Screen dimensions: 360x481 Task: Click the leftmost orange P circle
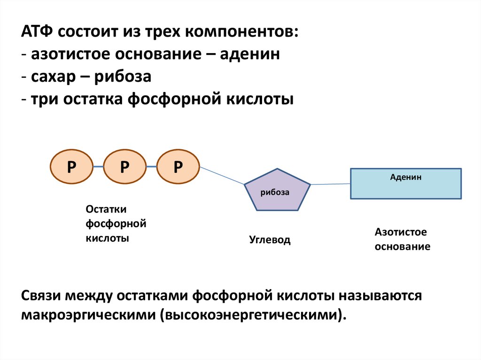(x=71, y=167)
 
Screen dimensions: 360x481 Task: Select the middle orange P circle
(x=124, y=167)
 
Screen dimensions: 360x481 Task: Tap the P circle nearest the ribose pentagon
(x=178, y=167)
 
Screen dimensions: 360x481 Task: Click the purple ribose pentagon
(x=277, y=190)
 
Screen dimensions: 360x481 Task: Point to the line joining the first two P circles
(x=98, y=167)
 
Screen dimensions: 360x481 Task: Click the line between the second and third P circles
(x=151, y=167)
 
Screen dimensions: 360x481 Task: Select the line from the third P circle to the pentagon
(x=222, y=176)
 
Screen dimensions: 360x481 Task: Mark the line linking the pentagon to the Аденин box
(x=331, y=184)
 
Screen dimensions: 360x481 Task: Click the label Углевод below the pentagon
(x=270, y=241)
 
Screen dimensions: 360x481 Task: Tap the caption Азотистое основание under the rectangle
(x=402, y=239)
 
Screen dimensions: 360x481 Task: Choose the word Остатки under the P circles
(x=106, y=209)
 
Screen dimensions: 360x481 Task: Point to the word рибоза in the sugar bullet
(x=123, y=77)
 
